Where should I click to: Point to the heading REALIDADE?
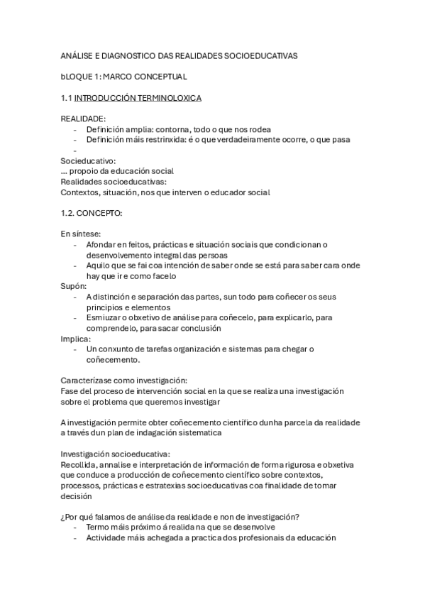click(84, 118)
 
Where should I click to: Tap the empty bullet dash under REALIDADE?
click(75, 150)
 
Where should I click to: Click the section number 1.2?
click(68, 213)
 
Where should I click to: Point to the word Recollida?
click(81, 464)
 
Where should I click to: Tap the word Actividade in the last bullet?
click(109, 538)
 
